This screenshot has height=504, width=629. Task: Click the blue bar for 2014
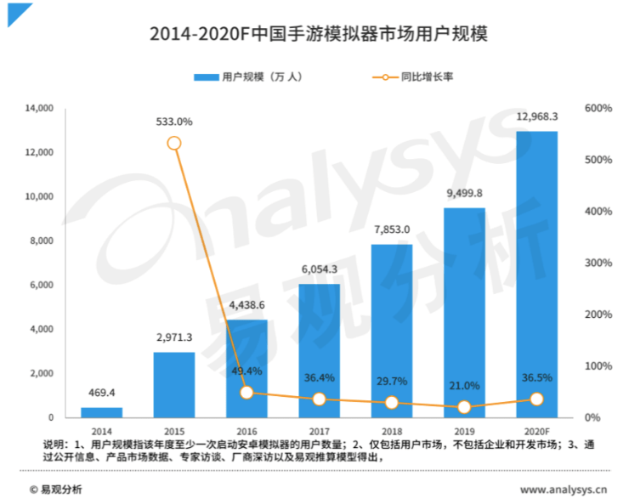(101, 413)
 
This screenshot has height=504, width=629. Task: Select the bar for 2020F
(536, 275)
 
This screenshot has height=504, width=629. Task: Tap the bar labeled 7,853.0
(391, 331)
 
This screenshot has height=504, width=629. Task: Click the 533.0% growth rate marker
(174, 143)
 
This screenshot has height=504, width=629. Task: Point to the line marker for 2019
(464, 407)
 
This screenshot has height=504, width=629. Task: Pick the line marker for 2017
(319, 399)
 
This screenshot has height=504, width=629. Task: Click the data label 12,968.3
(536, 116)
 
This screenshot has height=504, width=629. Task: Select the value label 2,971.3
(174, 337)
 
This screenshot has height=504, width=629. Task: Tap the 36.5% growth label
(536, 379)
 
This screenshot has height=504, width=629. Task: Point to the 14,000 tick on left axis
(40, 108)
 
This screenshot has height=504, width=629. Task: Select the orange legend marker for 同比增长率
(385, 76)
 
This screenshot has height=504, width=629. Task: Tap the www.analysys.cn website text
(564, 489)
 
